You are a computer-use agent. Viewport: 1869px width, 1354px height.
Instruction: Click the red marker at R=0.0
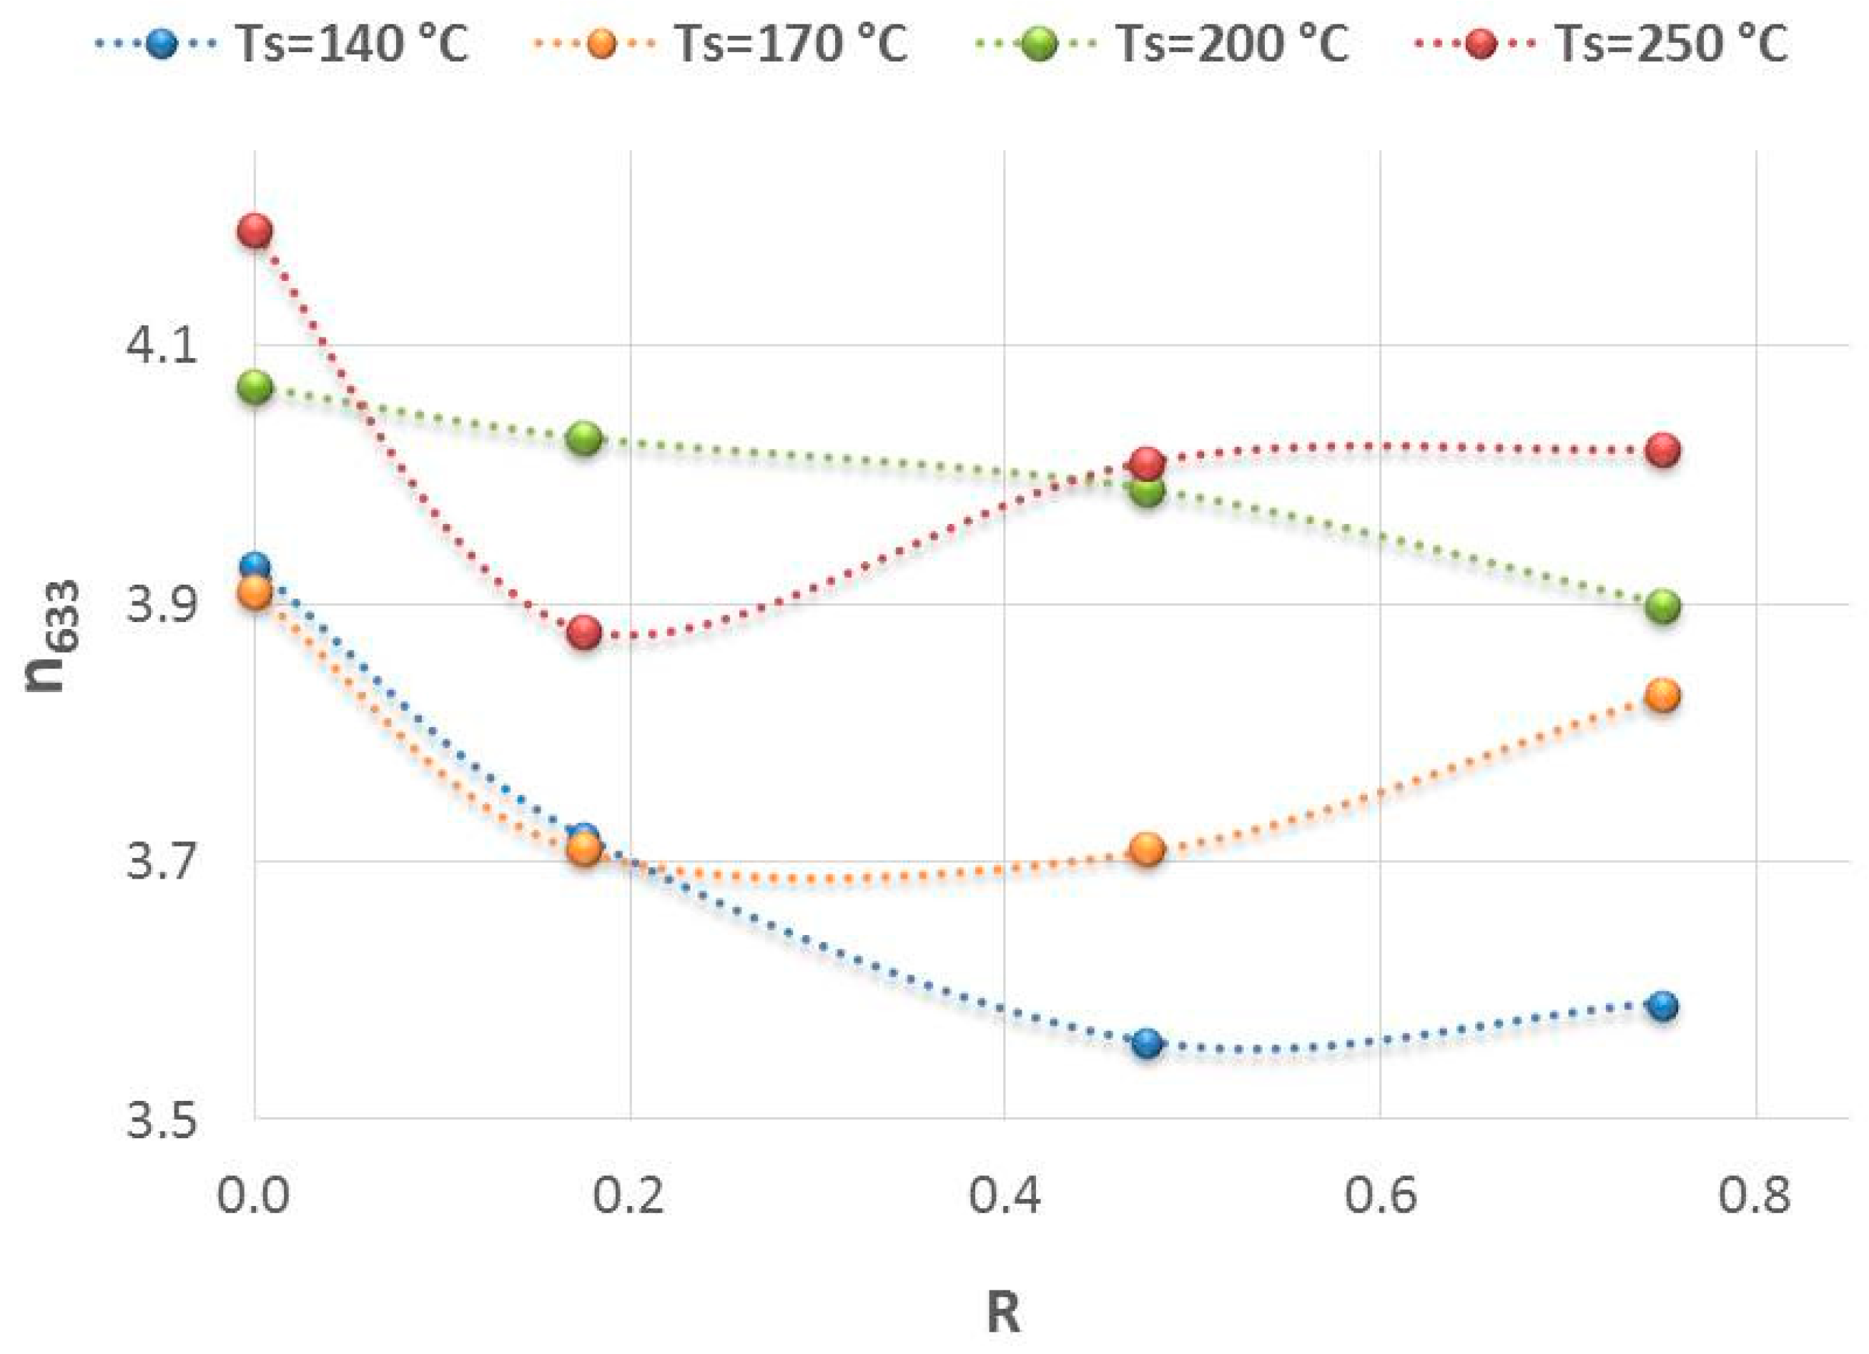pyautogui.click(x=255, y=231)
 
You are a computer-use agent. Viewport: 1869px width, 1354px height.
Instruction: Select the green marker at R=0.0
pyautogui.click(x=255, y=387)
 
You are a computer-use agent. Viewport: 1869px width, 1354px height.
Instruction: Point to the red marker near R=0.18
pyautogui.click(x=584, y=632)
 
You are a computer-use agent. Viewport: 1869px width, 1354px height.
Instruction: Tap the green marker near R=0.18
pyautogui.click(x=584, y=438)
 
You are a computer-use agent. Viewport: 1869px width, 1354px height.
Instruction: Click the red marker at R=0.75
pyautogui.click(x=1665, y=451)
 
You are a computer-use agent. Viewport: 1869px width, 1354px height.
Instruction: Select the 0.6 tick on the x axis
pyautogui.click(x=1381, y=1197)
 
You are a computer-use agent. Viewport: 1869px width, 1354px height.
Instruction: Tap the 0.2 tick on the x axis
pyautogui.click(x=628, y=1197)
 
